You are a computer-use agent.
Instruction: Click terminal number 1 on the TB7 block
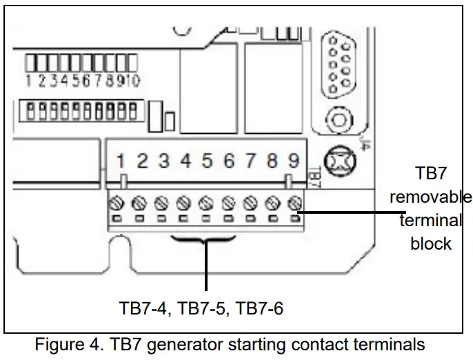pos(121,161)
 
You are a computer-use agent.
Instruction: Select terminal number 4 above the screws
pos(185,161)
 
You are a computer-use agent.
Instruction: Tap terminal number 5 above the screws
pos(207,161)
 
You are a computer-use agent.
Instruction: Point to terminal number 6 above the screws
pos(229,161)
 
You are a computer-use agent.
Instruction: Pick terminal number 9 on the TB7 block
pos(294,161)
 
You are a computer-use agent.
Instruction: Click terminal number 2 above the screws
pos(143,161)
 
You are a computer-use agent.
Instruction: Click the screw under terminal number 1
pos(118,203)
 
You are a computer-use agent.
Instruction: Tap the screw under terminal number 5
pos(205,203)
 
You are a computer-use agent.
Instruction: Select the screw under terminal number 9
pos(295,203)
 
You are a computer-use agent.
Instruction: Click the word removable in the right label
pos(431,197)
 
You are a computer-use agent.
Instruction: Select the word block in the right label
pos(431,243)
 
